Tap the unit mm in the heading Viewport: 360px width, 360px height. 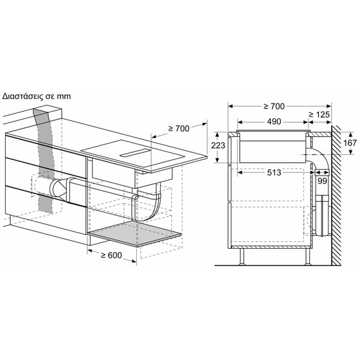click(x=63, y=96)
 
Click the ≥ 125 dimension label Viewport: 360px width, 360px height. click(x=320, y=114)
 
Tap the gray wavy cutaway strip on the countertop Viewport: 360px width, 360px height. click(x=44, y=161)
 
